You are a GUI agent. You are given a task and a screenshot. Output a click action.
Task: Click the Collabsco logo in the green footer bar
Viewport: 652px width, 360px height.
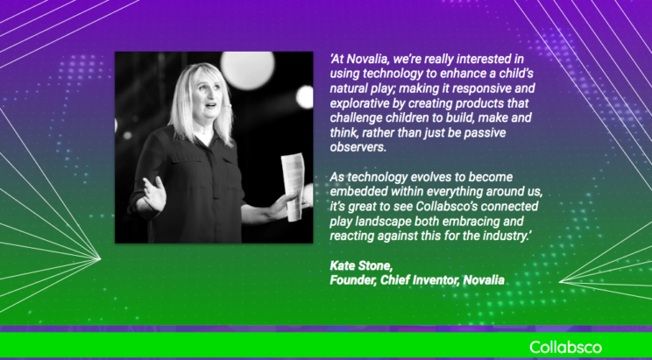tap(565, 347)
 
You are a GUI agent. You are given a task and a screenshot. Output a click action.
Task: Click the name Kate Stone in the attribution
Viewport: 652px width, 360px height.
tap(361, 265)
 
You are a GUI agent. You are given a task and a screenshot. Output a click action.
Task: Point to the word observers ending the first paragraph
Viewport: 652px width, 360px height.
tap(358, 147)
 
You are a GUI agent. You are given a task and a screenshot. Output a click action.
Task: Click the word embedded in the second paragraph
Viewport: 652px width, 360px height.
tap(356, 192)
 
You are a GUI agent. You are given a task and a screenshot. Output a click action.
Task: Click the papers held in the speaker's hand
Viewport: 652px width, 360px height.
tap(294, 187)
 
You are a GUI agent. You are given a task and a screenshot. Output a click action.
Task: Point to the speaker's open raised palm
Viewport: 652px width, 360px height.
tap(154, 194)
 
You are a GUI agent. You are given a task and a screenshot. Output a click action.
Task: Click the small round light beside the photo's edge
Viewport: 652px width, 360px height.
tap(305, 97)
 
